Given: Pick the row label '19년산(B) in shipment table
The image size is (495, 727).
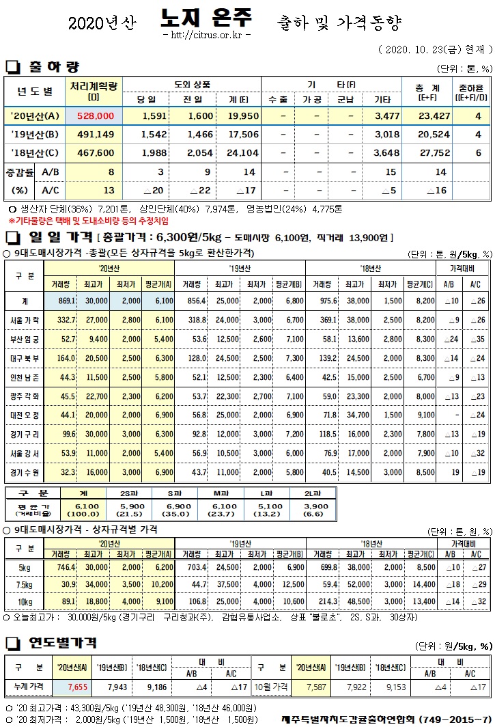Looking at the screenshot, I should click(34, 135).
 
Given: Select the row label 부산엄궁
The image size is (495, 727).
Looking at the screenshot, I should click(27, 338).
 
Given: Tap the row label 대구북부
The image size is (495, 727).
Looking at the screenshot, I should click(27, 357).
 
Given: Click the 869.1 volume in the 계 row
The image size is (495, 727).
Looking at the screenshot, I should click(66, 301).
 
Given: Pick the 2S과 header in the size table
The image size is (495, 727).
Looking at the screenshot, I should click(132, 493).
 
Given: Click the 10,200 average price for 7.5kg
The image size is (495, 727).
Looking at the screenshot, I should click(160, 584).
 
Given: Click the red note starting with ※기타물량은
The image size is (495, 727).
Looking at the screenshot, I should click(89, 221).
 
